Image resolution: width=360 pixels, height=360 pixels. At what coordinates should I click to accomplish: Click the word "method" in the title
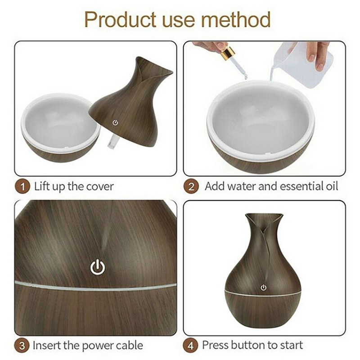[235, 19]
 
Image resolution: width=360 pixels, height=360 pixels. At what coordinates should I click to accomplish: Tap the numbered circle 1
[22, 187]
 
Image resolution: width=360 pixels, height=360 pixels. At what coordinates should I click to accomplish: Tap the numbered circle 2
[191, 187]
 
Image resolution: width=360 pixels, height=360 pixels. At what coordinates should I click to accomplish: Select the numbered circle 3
[22, 346]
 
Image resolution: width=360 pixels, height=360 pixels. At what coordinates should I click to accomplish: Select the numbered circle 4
[190, 346]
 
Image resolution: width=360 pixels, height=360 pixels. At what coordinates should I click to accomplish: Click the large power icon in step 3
[98, 267]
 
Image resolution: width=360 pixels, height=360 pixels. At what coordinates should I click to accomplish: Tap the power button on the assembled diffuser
[263, 288]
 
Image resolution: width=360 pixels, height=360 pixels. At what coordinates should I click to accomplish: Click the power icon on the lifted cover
[115, 122]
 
